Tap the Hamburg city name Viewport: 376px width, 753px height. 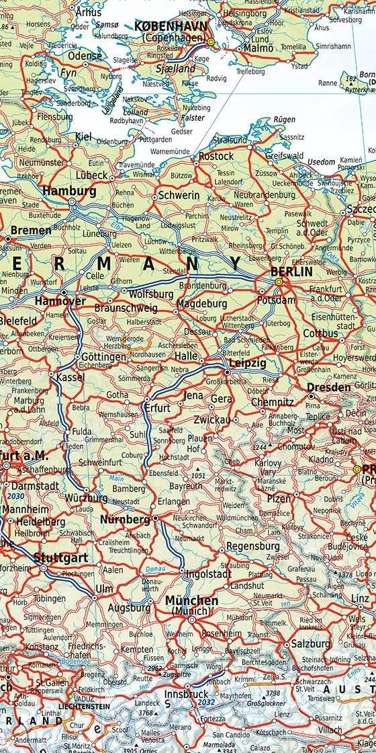point(69,191)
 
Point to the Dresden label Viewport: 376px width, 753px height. point(329,387)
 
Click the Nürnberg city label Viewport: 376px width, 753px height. point(125,520)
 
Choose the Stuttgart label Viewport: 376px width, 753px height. point(60,557)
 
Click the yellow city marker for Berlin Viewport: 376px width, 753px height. point(279,282)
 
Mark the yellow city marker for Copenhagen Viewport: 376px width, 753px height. point(211,42)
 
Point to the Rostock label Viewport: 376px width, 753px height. point(216,156)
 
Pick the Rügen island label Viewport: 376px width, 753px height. point(284,120)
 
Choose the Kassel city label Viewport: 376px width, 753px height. point(70,377)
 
